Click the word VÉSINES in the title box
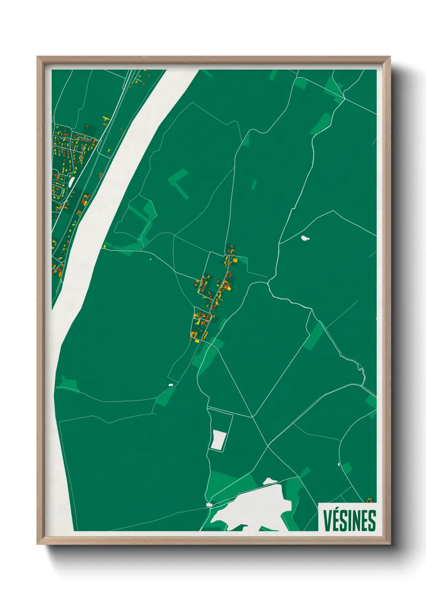(349, 521)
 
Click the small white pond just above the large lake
(269, 481)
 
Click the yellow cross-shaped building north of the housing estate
(106, 119)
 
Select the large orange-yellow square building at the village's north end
(234, 261)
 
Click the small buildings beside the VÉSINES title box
(369, 501)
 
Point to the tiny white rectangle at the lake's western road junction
(209, 504)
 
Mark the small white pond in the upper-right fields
(305, 238)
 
